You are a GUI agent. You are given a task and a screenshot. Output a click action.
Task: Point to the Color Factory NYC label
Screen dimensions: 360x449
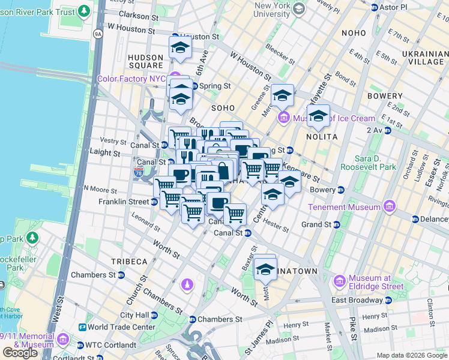(131, 79)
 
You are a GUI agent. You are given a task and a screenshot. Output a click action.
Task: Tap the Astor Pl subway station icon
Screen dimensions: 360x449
(375, 7)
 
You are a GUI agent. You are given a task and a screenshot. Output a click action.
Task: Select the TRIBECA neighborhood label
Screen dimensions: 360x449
(129, 262)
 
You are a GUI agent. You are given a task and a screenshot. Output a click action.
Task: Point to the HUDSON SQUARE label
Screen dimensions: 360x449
(146, 61)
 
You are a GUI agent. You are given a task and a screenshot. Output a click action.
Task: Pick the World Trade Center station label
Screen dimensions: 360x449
(121, 327)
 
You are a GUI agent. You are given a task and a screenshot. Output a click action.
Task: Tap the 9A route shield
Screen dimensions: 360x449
(97, 35)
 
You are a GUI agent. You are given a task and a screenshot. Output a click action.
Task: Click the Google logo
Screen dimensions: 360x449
(20, 353)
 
